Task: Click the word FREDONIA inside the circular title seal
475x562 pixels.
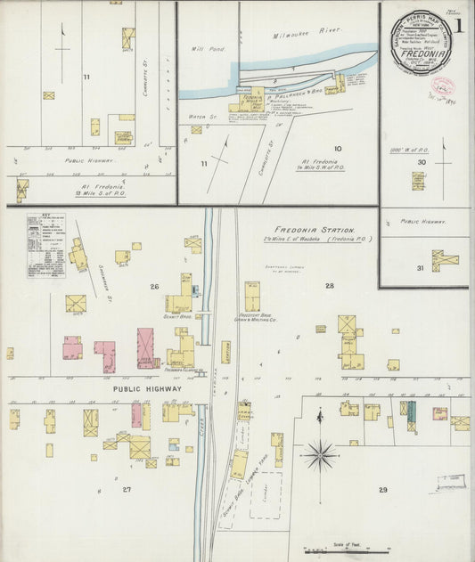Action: [419, 54]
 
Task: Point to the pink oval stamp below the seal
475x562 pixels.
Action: [443, 86]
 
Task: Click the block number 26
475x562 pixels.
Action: [154, 286]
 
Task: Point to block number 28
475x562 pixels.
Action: [329, 286]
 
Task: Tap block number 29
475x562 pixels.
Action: [383, 490]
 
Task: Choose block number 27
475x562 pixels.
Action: [127, 490]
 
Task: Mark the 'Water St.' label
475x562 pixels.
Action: [197, 116]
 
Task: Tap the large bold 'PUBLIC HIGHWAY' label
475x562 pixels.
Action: [147, 389]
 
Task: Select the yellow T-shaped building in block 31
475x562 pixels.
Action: [444, 260]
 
